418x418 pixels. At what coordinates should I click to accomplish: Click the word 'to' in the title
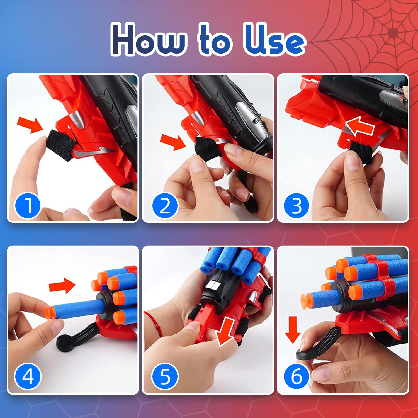pyautogui.click(x=215, y=40)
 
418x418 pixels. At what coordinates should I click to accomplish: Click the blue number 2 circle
pyautogui.click(x=165, y=206)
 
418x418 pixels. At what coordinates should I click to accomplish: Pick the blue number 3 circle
pyautogui.click(x=296, y=206)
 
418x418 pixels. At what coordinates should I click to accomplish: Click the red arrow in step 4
pyautogui.click(x=62, y=285)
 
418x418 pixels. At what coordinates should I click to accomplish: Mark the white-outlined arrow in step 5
pyautogui.click(x=226, y=332)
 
